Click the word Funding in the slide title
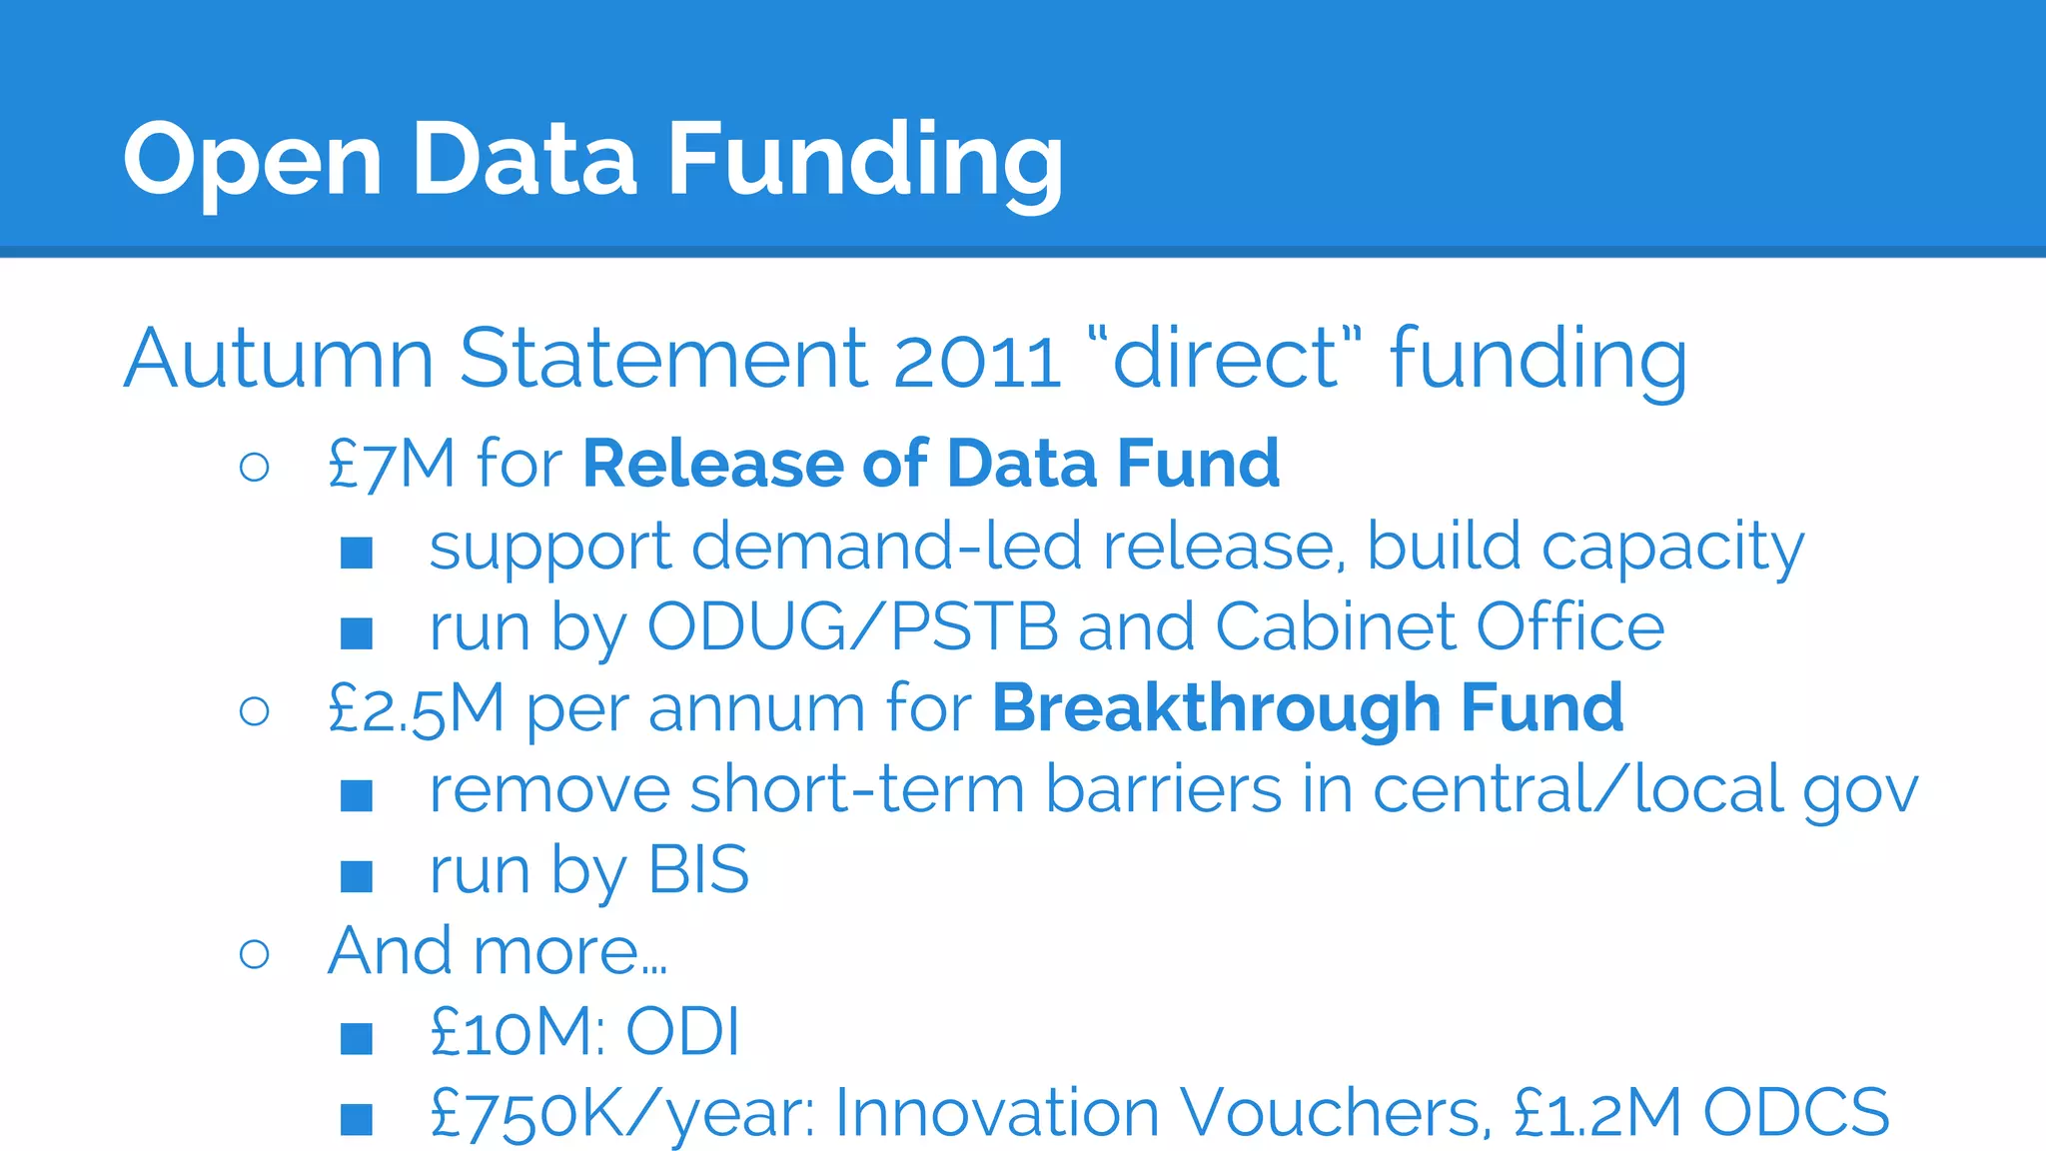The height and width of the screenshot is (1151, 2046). tap(864, 160)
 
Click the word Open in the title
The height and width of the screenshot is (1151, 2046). tap(253, 160)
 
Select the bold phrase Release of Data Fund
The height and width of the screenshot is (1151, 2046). tap(931, 465)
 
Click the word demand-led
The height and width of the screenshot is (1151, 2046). tap(885, 547)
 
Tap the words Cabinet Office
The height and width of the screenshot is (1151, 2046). tap(1440, 627)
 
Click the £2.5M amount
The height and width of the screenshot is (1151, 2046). tap(416, 709)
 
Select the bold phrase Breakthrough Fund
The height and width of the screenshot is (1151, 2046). tap(1307, 708)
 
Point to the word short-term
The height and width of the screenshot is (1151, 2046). tap(857, 790)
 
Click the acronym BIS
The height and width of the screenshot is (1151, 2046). tap(698, 870)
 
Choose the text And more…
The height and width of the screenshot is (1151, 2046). tap(498, 950)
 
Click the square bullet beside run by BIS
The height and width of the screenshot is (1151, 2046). tap(357, 876)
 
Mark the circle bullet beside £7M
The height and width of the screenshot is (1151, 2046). tap(255, 467)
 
